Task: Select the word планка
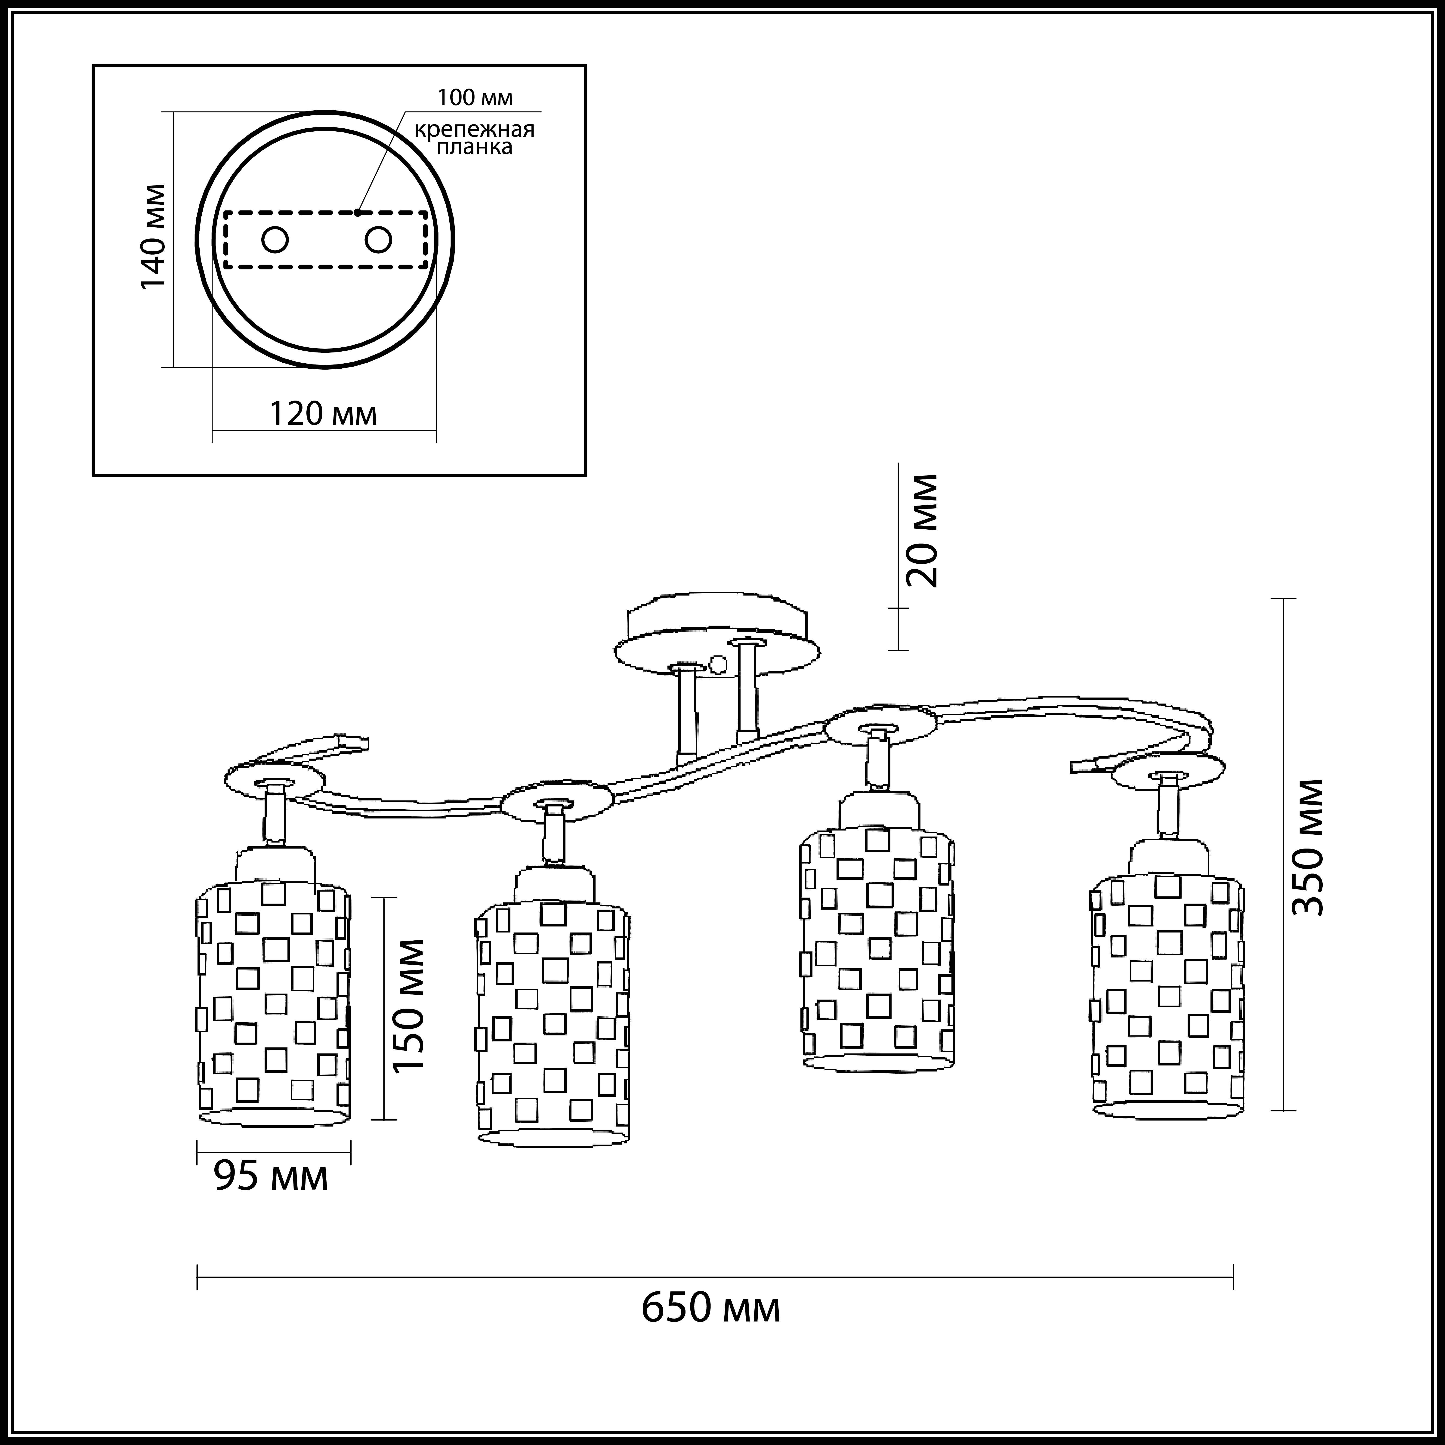pyautogui.click(x=475, y=147)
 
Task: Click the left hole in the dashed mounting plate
pyautogui.click(x=275, y=240)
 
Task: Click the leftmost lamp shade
pyautogui.click(x=274, y=995)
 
